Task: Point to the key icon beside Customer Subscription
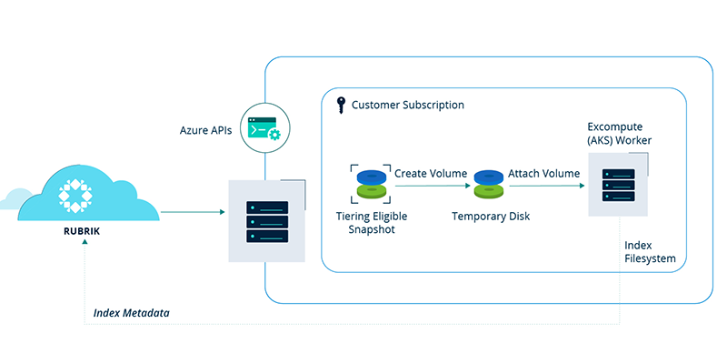[340, 105]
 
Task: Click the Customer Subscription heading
[408, 105]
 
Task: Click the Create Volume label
[430, 172]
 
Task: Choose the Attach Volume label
[543, 172]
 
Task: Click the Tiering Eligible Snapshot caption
[372, 223]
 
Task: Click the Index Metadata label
[132, 312]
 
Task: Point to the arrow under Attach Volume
[544, 187]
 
